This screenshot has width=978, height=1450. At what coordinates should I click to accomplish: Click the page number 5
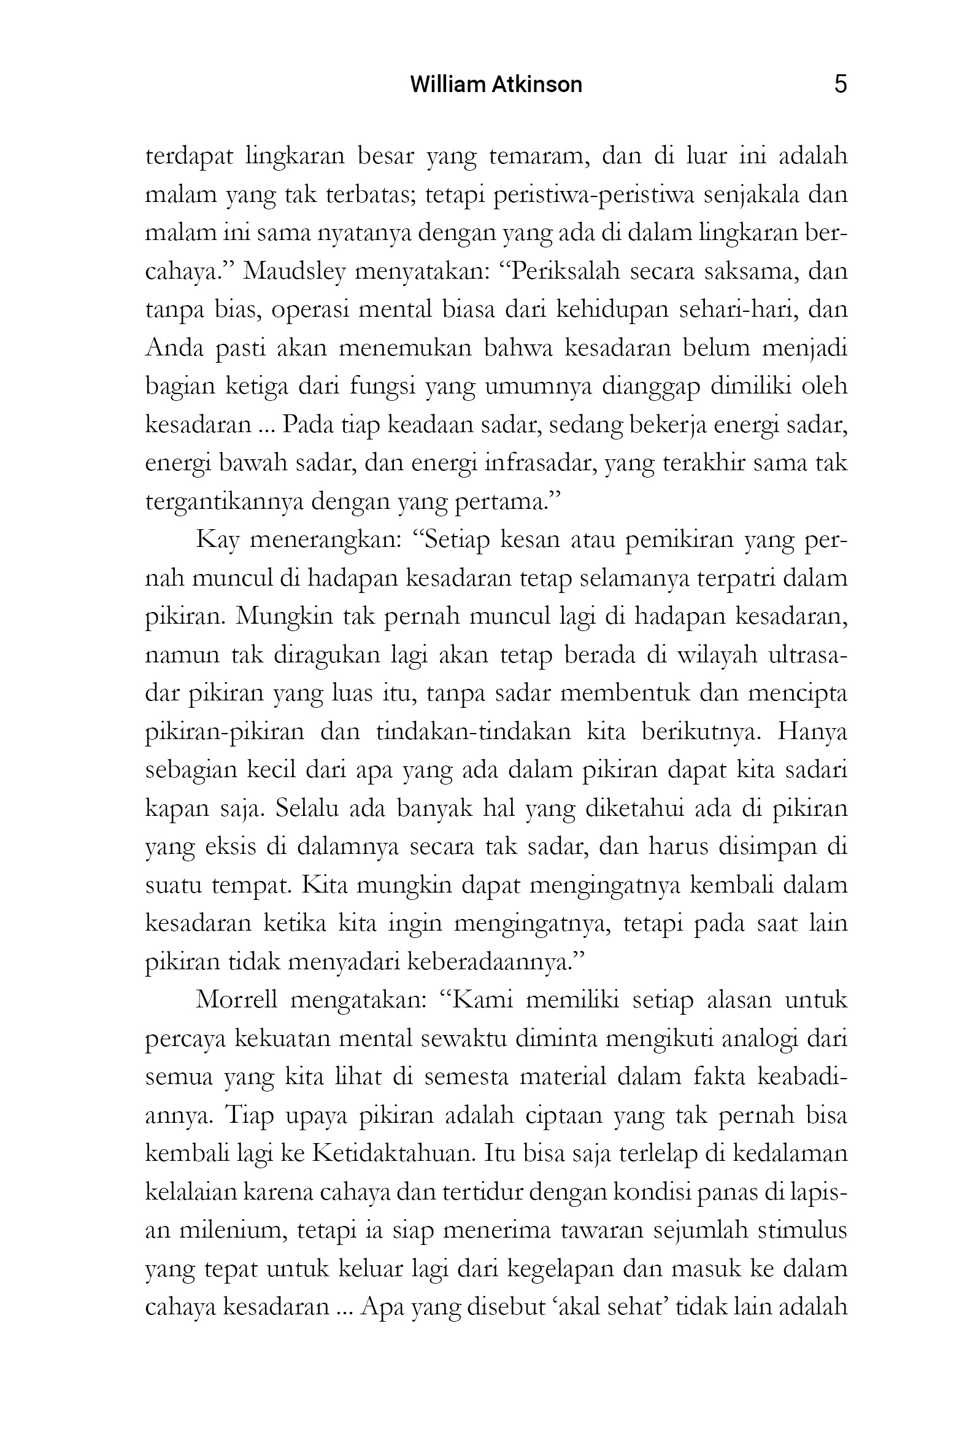840,84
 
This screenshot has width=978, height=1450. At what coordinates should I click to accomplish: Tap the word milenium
233,1230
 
